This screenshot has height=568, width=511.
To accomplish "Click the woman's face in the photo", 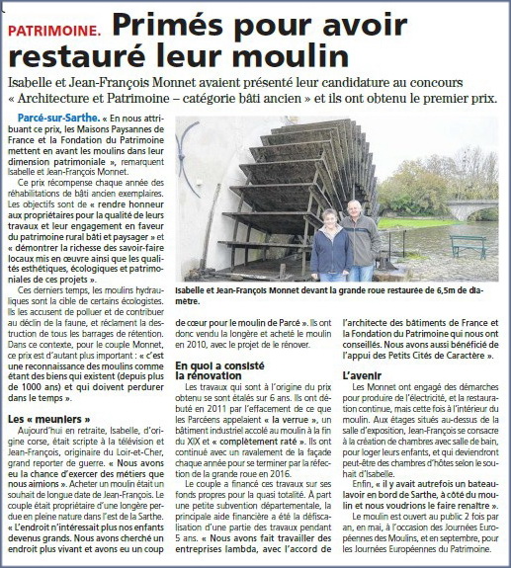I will point(329,216).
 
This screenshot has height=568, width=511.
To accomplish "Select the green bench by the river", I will point(467,244).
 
